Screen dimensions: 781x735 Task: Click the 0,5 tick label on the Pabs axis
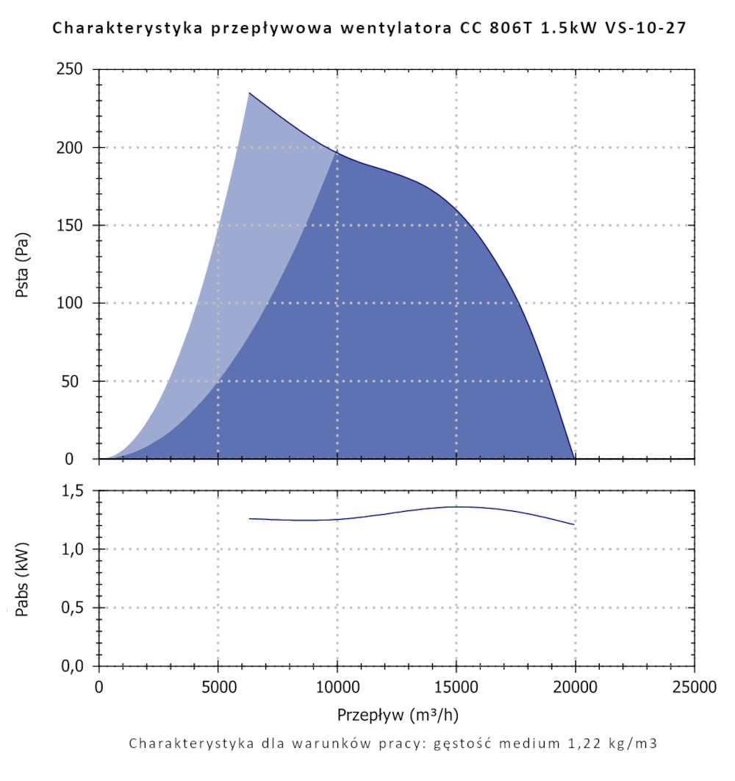pos(76,608)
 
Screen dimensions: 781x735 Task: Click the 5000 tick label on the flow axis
pos(218,688)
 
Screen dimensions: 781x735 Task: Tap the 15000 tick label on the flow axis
pos(456,688)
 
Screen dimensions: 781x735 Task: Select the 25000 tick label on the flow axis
pos(694,688)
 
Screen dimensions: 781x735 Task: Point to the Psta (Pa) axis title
pos(23,265)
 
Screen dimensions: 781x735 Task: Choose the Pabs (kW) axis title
pos(23,579)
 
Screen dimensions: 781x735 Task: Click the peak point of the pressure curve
pos(249,93)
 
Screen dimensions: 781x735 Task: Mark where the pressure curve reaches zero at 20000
pos(574,458)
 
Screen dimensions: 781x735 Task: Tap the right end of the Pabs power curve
pos(574,524)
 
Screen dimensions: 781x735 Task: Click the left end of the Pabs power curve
pos(249,518)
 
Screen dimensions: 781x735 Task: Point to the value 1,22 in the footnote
pos(577,743)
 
